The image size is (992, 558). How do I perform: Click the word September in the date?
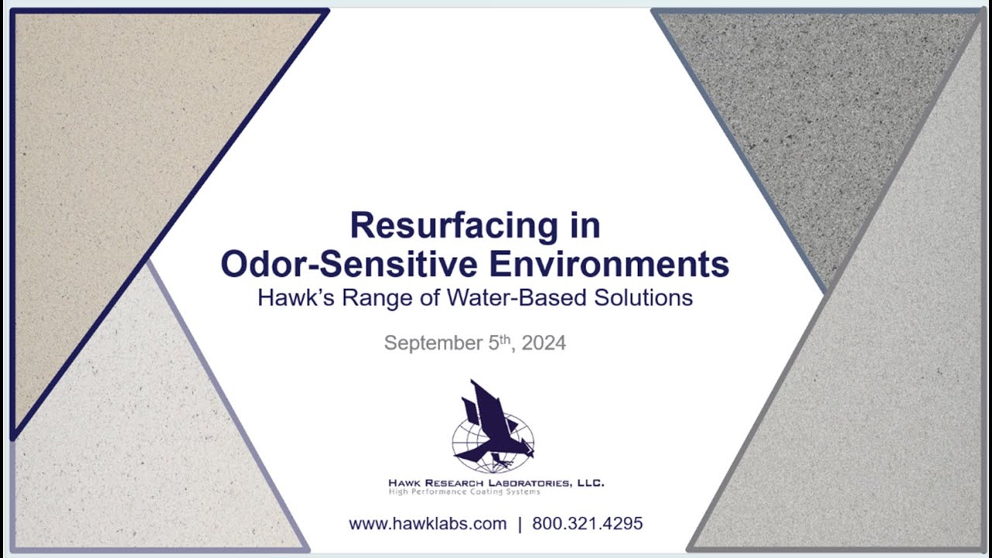[432, 343]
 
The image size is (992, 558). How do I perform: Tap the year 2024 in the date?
[544, 343]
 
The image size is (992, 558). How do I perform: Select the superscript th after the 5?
[505, 339]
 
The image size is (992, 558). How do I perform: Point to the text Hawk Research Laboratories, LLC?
[496, 483]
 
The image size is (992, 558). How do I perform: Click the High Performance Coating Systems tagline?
[464, 492]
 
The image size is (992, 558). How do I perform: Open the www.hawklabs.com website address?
[428, 524]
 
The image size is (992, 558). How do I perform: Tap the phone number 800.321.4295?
[587, 524]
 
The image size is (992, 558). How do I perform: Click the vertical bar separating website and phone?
[519, 524]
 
